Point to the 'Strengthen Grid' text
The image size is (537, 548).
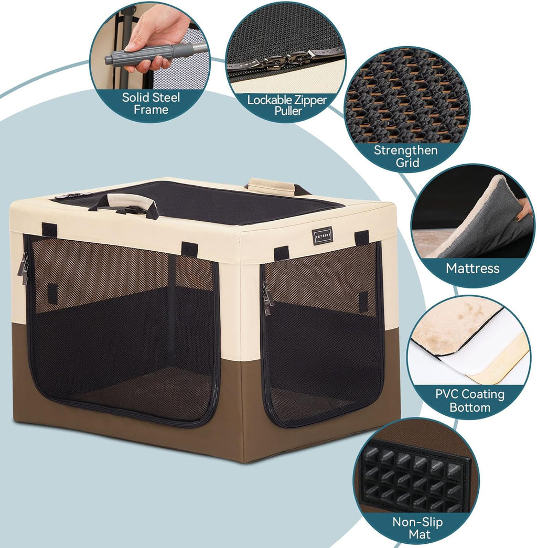[405, 156]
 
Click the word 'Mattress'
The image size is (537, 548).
[472, 268]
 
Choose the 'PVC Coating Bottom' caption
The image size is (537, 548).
[470, 400]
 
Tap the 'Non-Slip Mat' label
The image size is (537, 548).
[417, 528]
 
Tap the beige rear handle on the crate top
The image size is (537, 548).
[272, 185]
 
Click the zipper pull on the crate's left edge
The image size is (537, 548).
[23, 269]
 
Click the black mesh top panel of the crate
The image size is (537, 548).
[210, 199]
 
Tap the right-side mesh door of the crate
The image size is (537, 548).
[323, 330]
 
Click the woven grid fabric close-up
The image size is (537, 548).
[404, 100]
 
